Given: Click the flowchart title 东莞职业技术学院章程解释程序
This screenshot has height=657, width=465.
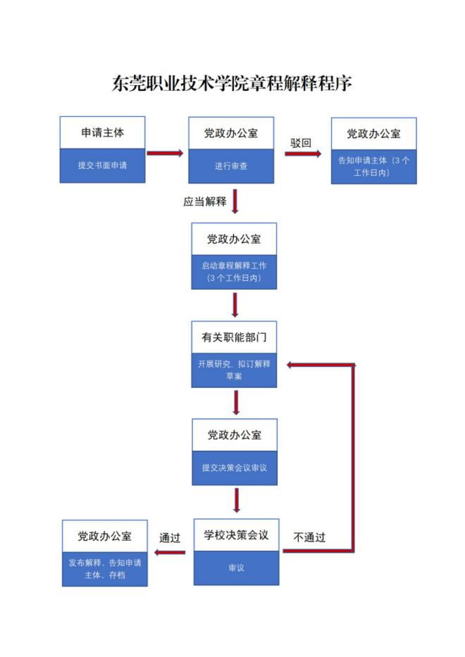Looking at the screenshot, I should coord(232,84).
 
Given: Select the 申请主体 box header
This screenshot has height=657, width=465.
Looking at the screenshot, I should coord(103,132).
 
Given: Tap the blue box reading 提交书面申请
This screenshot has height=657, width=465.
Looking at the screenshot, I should coord(103,166).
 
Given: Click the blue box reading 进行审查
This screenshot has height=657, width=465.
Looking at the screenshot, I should coord(231,167).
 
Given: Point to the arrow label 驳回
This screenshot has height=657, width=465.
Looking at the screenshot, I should coord(301,142).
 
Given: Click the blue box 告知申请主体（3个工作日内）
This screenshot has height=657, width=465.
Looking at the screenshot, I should coord(373,166).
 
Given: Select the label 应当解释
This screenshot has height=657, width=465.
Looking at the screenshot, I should coord(205,201).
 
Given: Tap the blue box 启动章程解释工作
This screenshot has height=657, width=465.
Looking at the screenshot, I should coord(234,273).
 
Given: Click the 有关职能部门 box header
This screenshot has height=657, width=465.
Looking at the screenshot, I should coord(234,338).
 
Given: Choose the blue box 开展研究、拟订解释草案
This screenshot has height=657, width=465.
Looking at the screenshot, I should coord(234,370).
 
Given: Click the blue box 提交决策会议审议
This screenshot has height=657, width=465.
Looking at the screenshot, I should coord(235,468).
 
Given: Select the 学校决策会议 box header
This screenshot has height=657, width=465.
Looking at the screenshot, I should coord(237,535).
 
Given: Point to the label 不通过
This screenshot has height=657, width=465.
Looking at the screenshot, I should coord(309,537).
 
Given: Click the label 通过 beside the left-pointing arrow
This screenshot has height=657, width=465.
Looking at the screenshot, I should coord(170,538).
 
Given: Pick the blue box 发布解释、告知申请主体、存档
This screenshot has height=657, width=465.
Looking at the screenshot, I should coord(105,569).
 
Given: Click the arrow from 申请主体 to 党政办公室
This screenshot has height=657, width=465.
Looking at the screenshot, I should coord(166,153).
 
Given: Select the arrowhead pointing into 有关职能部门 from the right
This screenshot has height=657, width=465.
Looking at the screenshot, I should coord(288,365).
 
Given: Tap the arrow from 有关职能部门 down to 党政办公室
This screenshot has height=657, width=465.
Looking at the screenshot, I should coord(236,403).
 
